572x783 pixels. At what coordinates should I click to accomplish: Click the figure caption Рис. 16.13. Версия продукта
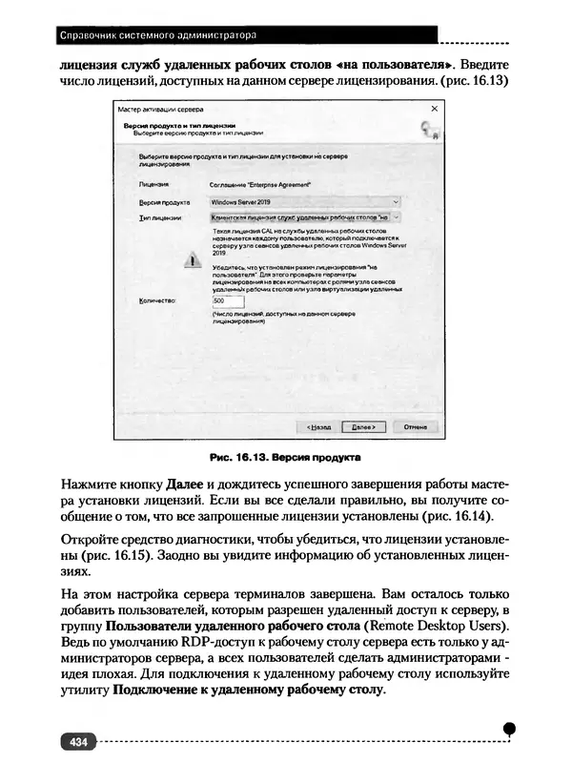(x=284, y=455)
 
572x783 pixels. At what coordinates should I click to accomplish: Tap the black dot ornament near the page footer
(x=510, y=728)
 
